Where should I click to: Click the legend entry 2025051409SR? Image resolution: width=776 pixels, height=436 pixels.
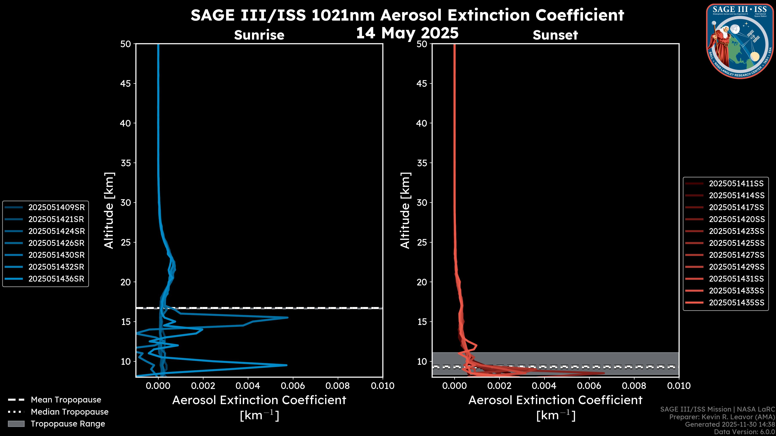[x=56, y=207]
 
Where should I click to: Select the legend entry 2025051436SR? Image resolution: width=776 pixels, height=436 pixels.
[x=56, y=279]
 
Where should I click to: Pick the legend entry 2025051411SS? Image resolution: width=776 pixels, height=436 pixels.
[x=736, y=183]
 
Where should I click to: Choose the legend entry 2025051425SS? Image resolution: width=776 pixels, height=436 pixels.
[x=736, y=243]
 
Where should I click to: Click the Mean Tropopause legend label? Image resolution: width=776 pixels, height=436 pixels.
[x=66, y=400]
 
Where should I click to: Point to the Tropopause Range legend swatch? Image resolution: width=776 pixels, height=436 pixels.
[x=16, y=424]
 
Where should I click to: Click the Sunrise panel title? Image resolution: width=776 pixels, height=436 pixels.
[x=259, y=35]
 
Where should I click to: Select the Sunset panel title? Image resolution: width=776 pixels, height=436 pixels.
[x=555, y=35]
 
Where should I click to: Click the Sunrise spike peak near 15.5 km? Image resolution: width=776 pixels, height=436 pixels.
[x=288, y=318]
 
